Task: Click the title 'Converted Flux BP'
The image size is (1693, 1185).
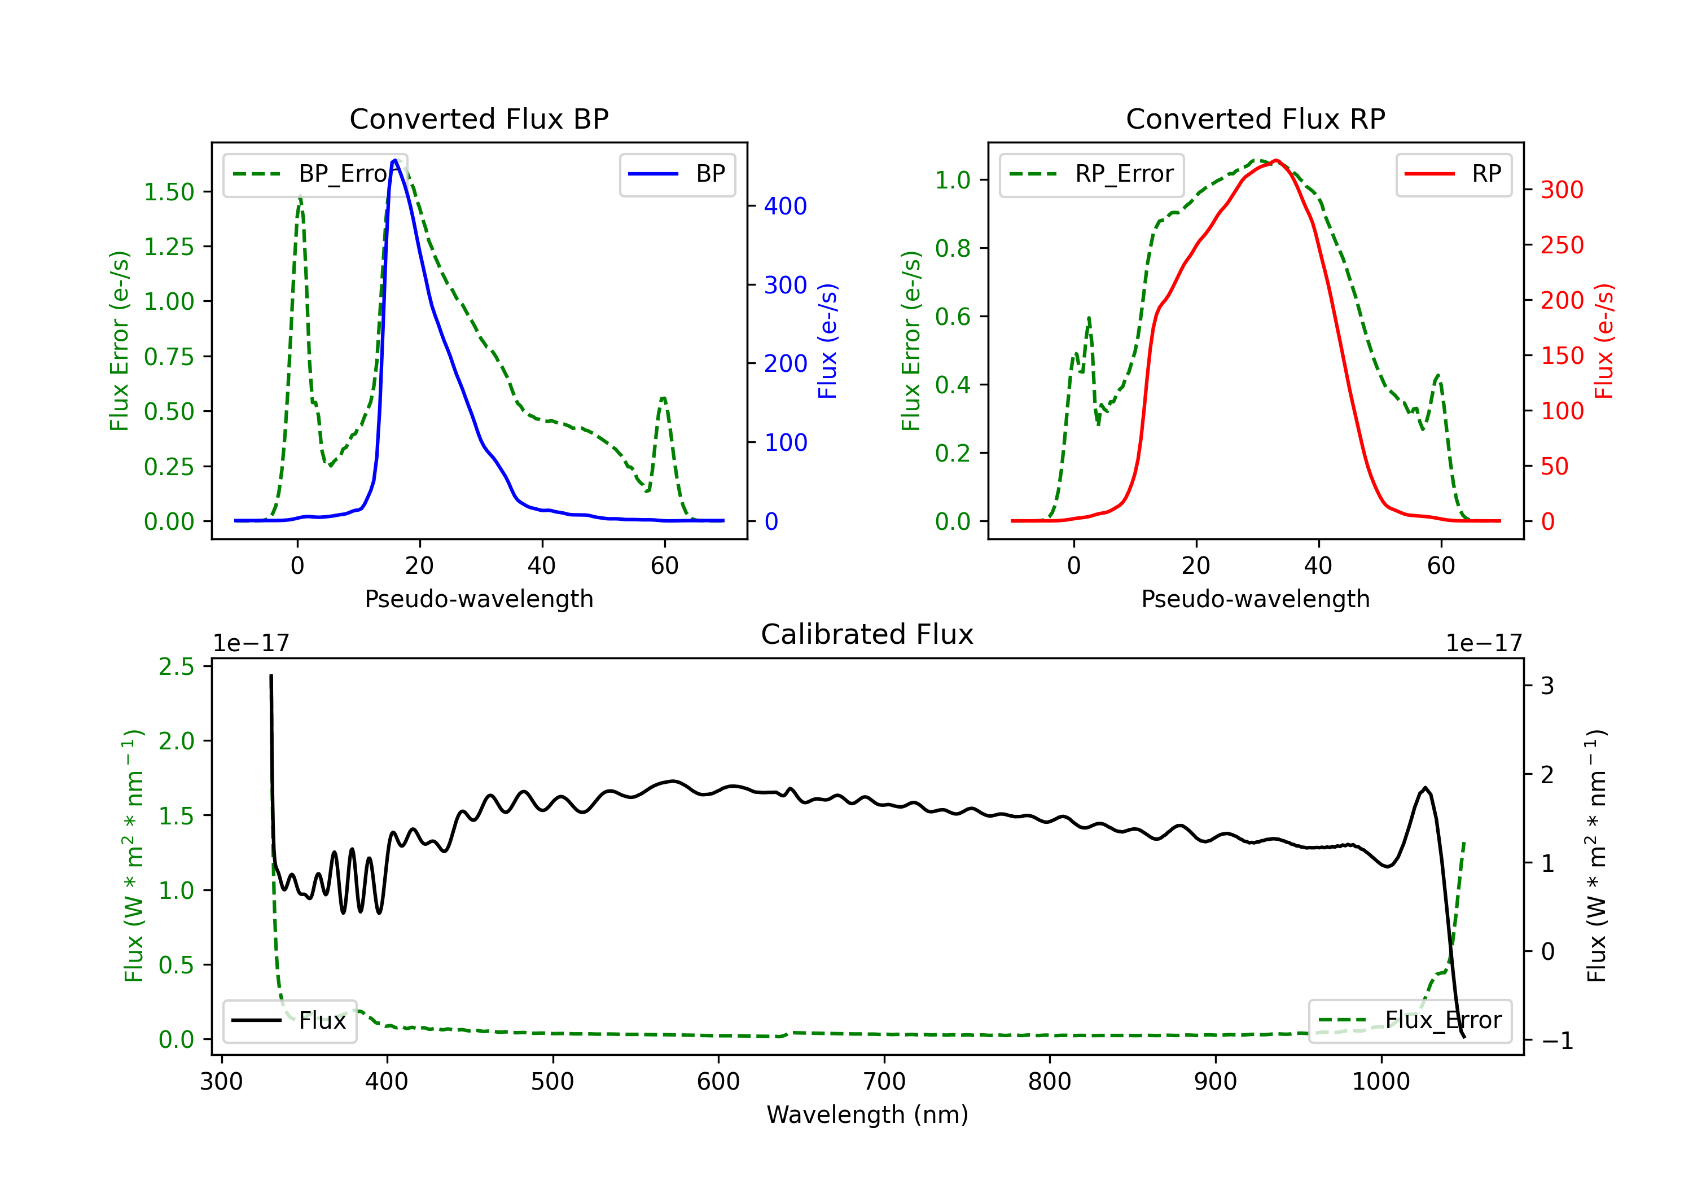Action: click(479, 118)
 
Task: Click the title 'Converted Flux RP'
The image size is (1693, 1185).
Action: click(1255, 118)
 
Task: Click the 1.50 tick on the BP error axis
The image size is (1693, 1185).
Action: click(169, 192)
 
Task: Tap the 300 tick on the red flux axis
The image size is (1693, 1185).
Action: click(1562, 190)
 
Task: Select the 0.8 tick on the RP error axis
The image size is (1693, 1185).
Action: click(953, 248)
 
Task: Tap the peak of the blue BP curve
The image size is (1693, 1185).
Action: click(395, 160)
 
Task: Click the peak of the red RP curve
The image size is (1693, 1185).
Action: click(1277, 160)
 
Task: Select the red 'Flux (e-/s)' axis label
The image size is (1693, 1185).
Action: click(1604, 341)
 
